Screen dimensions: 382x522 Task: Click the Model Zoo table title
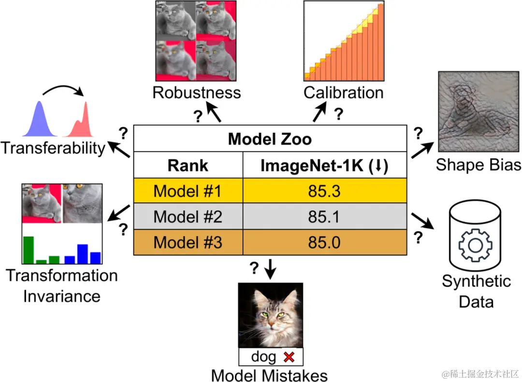(x=270, y=139)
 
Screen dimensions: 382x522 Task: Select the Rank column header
(x=188, y=166)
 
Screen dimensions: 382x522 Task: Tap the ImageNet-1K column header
(x=324, y=166)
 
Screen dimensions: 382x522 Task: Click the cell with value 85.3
(x=324, y=191)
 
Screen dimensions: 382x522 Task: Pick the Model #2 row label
(x=188, y=217)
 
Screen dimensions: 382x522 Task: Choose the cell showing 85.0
(x=324, y=242)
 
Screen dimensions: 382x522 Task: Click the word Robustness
(x=196, y=92)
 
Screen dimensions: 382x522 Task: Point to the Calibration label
(x=343, y=92)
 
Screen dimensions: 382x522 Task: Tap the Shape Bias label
(x=478, y=165)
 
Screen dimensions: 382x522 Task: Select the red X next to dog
(x=289, y=357)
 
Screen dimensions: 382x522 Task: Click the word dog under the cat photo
(x=263, y=357)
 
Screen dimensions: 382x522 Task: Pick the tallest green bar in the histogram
(x=29, y=250)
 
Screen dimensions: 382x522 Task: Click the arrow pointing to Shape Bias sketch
(x=422, y=149)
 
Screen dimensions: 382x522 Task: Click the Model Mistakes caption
(x=270, y=375)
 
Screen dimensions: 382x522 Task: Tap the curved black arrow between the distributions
(x=62, y=89)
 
